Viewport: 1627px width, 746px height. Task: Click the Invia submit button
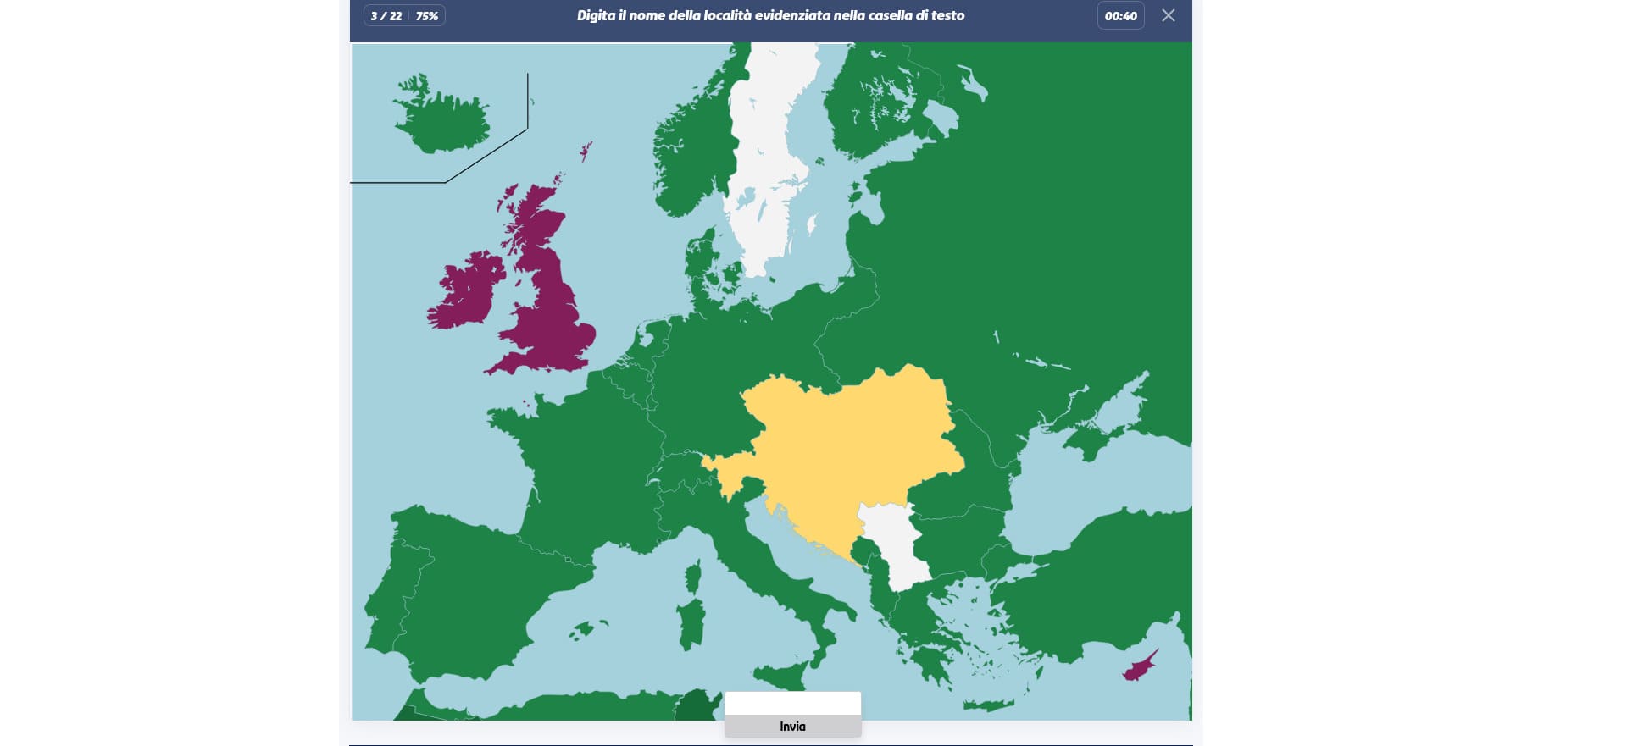click(x=792, y=727)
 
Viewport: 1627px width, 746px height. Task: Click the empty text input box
click(x=792, y=704)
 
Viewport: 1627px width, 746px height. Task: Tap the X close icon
click(x=1168, y=15)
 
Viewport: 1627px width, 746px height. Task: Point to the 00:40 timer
click(x=1120, y=16)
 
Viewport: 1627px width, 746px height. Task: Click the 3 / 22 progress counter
click(x=386, y=16)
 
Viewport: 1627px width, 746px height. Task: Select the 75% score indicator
click(x=427, y=16)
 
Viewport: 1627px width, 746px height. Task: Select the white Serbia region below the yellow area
click(x=895, y=542)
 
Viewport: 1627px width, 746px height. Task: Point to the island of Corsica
click(x=693, y=578)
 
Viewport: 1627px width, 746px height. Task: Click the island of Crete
click(x=988, y=705)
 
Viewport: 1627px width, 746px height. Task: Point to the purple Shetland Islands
click(x=585, y=152)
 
